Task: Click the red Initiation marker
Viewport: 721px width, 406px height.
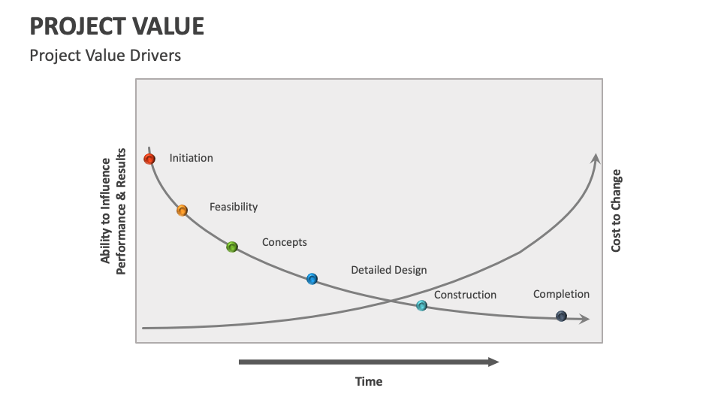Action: [149, 159]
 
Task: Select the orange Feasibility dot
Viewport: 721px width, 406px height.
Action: [182, 211]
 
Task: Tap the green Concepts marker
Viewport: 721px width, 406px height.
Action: [232, 247]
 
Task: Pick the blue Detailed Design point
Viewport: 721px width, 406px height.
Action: [312, 279]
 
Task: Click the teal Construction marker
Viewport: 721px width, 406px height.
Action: [421, 306]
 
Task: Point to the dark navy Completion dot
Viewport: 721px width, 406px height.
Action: [562, 317]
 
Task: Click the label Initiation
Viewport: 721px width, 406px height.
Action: [192, 158]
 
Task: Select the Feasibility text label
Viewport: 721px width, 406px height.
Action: [234, 208]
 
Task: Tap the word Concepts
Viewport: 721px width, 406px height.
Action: [284, 242]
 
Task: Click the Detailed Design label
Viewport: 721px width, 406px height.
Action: [389, 270]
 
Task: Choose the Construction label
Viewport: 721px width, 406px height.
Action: [466, 295]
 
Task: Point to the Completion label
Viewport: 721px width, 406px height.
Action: [562, 294]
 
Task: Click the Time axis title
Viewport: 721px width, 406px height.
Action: [369, 382]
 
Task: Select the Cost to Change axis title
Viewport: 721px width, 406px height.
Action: [616, 211]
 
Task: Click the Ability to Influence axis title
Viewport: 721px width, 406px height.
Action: [113, 211]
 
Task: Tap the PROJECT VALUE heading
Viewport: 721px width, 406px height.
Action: [117, 26]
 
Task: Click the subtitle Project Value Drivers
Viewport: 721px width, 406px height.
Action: [105, 55]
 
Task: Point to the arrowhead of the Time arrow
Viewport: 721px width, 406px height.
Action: [499, 362]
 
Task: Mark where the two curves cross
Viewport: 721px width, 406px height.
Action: [390, 301]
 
